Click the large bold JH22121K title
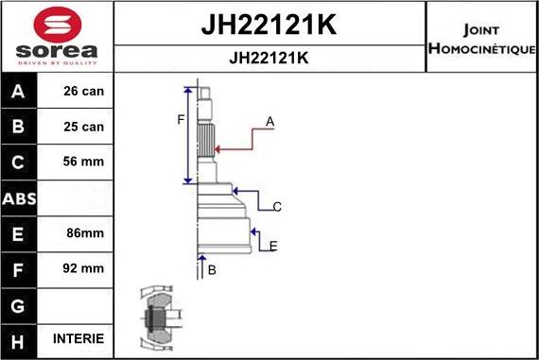(x=269, y=25)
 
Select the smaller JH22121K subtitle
(x=269, y=57)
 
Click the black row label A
(x=20, y=92)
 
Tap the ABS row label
(x=20, y=197)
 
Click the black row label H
(x=20, y=338)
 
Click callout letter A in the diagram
(x=269, y=121)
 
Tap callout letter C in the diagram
(x=277, y=206)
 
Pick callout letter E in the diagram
(x=273, y=247)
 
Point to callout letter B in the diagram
(x=212, y=270)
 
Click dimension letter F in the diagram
(x=180, y=119)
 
